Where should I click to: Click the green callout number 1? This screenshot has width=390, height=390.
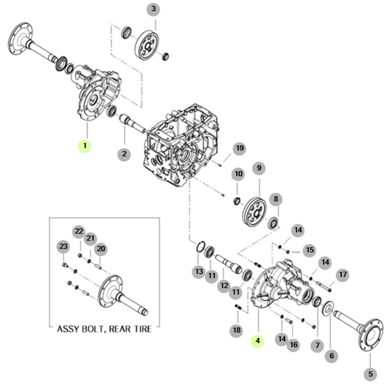[x=85, y=146]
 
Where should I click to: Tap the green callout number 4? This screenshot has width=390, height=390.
[x=258, y=340]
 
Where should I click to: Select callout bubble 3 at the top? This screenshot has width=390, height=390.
[x=153, y=9]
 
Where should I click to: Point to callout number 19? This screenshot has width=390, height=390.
[x=240, y=148]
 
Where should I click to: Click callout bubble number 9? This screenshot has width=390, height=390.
[x=259, y=168]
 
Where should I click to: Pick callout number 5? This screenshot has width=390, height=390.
[x=370, y=374]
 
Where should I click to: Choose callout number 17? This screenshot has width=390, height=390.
[x=342, y=275]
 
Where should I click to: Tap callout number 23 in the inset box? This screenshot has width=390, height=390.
[x=63, y=246]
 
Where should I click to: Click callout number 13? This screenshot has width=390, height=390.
[x=199, y=272]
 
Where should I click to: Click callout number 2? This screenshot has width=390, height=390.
[x=124, y=154]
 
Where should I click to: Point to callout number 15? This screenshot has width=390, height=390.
[x=309, y=250]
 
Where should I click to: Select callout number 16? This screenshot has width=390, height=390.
[x=294, y=345]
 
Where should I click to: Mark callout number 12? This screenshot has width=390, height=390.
[x=224, y=286]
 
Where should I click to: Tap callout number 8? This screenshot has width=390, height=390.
[x=276, y=199]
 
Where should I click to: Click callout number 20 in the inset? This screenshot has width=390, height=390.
[x=100, y=249]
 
